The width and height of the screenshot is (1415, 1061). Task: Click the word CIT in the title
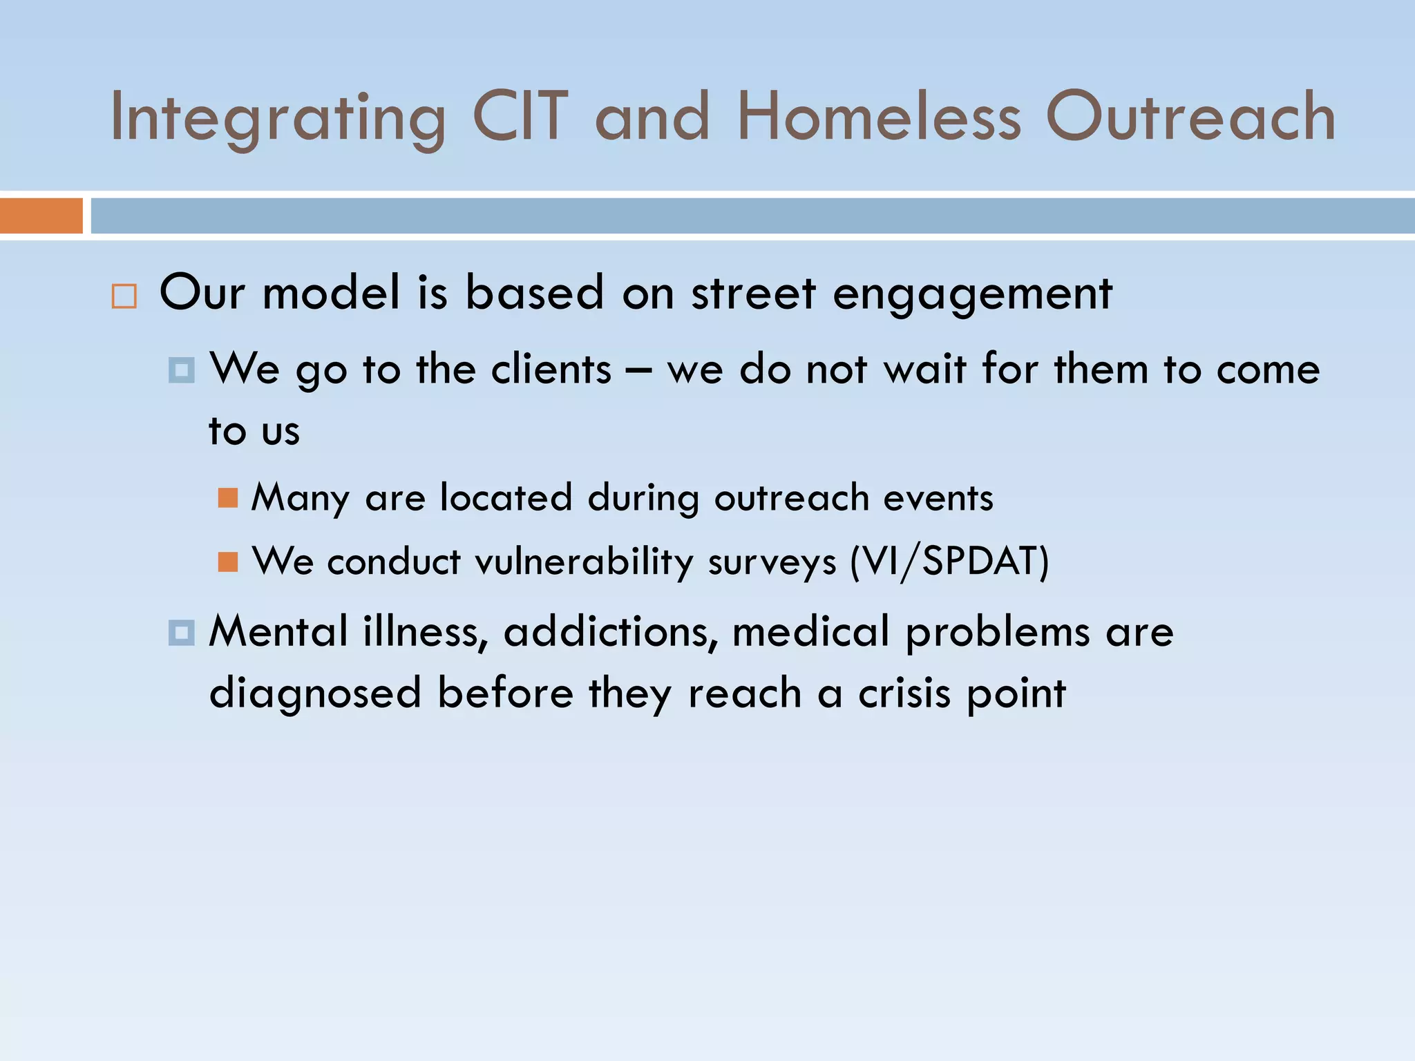coord(520,117)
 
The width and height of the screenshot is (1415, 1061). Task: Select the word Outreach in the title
coord(1190,117)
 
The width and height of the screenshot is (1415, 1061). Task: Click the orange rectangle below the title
coord(41,216)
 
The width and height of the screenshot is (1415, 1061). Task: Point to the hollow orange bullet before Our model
coord(124,296)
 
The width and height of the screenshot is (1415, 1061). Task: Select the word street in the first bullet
coord(754,294)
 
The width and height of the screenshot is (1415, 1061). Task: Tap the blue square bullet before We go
coord(181,371)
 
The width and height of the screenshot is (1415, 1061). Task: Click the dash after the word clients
coord(638,370)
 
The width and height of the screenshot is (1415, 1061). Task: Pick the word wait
coord(924,369)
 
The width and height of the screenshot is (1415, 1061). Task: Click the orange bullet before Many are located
coord(227,498)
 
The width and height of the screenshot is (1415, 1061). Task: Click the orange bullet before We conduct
coord(227,562)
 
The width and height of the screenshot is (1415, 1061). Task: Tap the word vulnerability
coord(583,562)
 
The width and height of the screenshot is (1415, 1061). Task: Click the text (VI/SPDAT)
coord(949,562)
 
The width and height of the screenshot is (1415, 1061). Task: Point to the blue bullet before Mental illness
coord(181,633)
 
